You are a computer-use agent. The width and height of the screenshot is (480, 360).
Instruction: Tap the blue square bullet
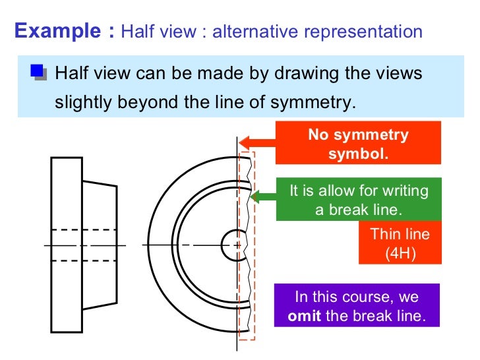click(x=39, y=71)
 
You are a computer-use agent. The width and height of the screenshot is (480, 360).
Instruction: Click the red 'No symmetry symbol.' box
click(x=358, y=144)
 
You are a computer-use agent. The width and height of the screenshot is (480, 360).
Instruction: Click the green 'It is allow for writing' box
click(x=359, y=200)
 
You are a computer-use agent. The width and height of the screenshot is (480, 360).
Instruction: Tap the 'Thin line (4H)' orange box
click(x=400, y=243)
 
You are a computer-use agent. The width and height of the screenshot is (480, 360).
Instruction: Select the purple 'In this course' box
click(x=357, y=306)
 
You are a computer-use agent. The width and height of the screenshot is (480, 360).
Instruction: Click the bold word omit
click(x=305, y=315)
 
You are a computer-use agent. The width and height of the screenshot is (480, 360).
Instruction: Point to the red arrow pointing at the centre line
click(x=256, y=142)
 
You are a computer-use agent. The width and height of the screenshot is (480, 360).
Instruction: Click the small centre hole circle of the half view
click(x=231, y=244)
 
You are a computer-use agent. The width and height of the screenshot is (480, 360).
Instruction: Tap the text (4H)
click(x=400, y=253)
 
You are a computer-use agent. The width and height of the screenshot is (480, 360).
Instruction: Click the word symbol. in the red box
click(x=358, y=154)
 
